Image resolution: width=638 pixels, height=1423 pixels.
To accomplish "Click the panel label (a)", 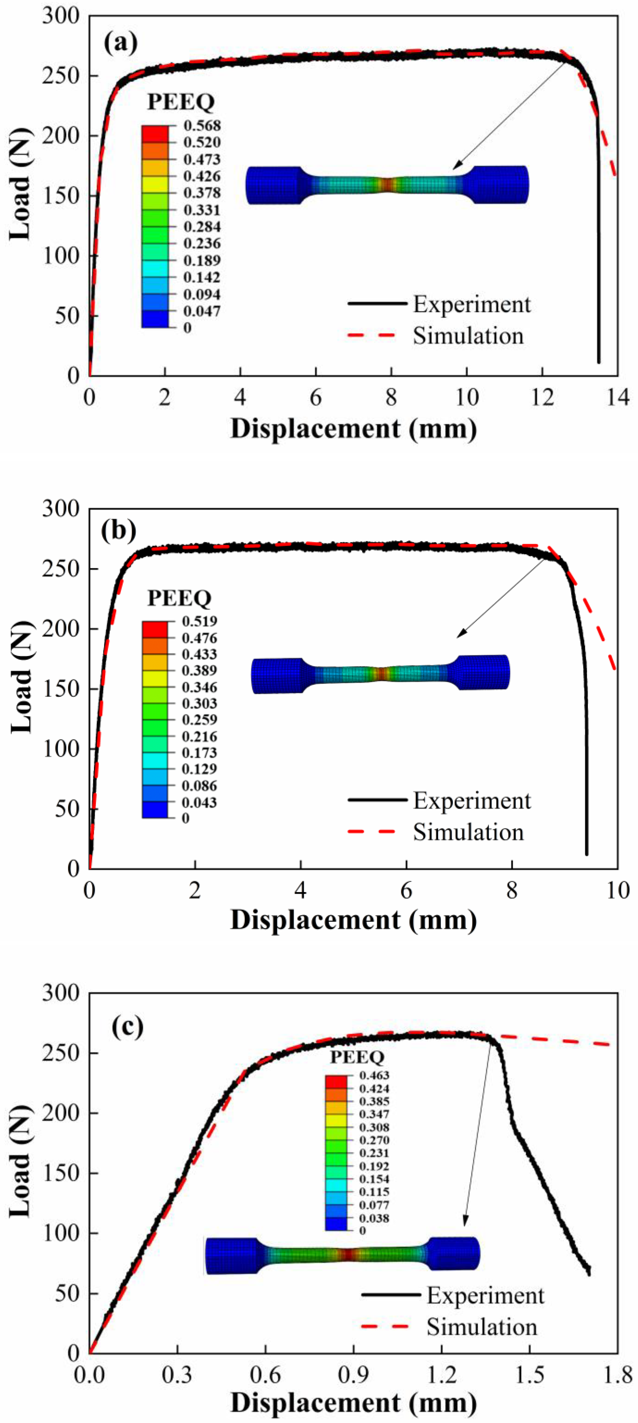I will [x=120, y=43].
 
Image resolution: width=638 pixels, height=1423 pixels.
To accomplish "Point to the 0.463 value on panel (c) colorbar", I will [x=374, y=1075].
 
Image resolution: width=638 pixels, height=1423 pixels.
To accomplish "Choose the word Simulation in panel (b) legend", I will [x=469, y=832].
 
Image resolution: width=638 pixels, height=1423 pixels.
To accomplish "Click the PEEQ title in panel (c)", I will [x=357, y=1057].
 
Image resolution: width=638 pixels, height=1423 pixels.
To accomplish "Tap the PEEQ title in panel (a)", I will [x=181, y=102].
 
